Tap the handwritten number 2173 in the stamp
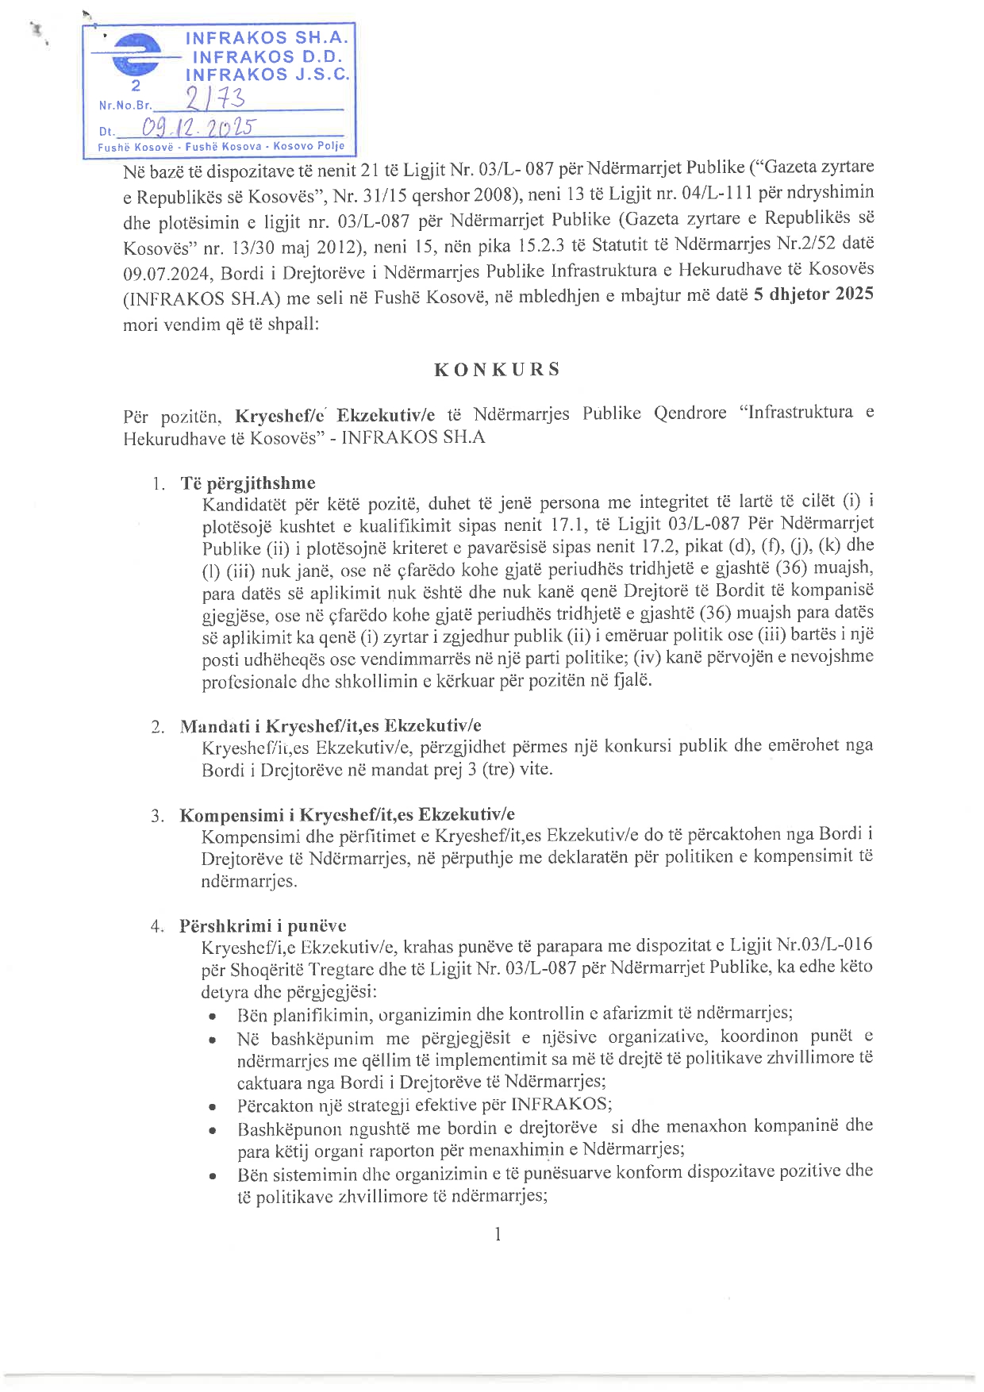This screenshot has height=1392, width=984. click(215, 98)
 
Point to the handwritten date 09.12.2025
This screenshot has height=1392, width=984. click(198, 128)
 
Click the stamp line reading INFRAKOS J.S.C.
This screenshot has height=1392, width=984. click(267, 75)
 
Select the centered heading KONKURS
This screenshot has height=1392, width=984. click(497, 370)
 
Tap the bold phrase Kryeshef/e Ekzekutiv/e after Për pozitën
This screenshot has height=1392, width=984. click(335, 415)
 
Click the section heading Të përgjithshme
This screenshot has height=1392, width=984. click(248, 483)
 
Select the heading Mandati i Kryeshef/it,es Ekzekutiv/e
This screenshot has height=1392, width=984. click(330, 726)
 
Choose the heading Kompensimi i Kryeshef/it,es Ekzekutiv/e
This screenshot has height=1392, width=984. click(347, 815)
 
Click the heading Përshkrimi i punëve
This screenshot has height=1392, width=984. click(263, 925)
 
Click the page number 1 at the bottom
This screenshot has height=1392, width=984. click(498, 1233)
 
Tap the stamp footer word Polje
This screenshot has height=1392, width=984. click(331, 146)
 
